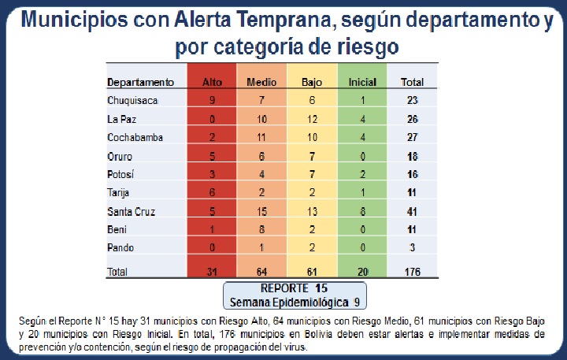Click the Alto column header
[x=213, y=82]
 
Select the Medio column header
[x=261, y=82]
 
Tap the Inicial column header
[x=362, y=82]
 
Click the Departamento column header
[x=140, y=82]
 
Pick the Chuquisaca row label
[x=132, y=101]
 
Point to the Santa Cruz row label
[x=131, y=213]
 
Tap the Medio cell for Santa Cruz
[x=261, y=213]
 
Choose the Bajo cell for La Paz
[x=313, y=120]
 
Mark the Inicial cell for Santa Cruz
[x=362, y=213]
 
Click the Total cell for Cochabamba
[x=412, y=138]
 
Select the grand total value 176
[x=412, y=272]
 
